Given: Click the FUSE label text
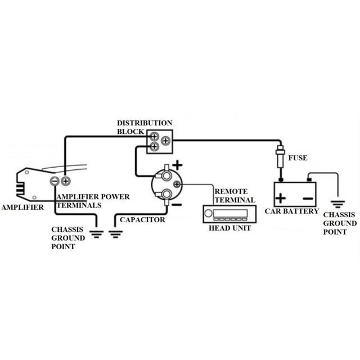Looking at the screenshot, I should [x=298, y=158].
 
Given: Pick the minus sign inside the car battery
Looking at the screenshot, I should [x=307, y=198].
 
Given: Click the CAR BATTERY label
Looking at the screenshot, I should [x=295, y=212].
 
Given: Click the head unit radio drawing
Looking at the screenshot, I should [x=228, y=214].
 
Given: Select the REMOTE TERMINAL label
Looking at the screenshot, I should [x=234, y=196].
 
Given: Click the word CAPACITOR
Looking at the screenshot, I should [x=142, y=219].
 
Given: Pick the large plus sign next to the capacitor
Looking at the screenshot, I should [x=177, y=165].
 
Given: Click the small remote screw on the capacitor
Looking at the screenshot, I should [x=177, y=183].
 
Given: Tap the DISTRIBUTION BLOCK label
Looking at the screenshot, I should [x=145, y=127].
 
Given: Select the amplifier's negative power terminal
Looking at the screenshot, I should [x=55, y=181].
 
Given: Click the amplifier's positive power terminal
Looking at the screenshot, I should [x=65, y=181].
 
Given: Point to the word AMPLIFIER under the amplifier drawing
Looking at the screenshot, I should [x=22, y=208].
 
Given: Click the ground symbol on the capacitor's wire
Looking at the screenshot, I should [x=116, y=232].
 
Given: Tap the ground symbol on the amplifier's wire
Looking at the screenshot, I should [x=97, y=232].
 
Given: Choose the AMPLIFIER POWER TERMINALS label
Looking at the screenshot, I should [x=93, y=201].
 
